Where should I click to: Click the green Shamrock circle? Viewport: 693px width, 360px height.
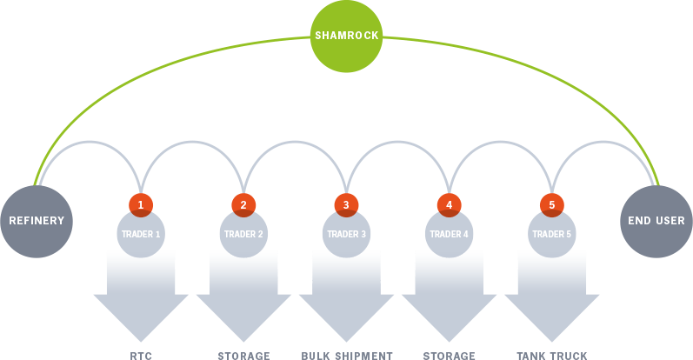346,36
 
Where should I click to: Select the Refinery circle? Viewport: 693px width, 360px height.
37,221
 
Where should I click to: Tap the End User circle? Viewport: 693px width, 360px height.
656,221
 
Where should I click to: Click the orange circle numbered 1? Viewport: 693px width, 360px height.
141,205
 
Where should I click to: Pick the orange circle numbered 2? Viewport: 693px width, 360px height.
243,205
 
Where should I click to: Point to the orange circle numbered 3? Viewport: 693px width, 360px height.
346,205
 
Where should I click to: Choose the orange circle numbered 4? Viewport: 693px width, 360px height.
449,205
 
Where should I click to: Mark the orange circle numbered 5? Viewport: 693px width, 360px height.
551,205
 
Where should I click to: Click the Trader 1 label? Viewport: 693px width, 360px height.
141,234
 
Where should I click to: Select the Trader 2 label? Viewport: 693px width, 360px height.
243,234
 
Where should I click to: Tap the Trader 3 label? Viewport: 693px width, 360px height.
346,234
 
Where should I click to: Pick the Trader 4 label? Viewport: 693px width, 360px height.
449,234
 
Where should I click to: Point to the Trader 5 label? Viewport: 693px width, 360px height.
551,234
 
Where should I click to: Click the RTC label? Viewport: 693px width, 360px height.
141,356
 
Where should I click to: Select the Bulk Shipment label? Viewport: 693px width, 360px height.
347,356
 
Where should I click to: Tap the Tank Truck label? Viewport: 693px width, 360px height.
552,356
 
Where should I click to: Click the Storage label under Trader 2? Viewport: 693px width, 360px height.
243,356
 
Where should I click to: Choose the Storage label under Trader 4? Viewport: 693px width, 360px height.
449,356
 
